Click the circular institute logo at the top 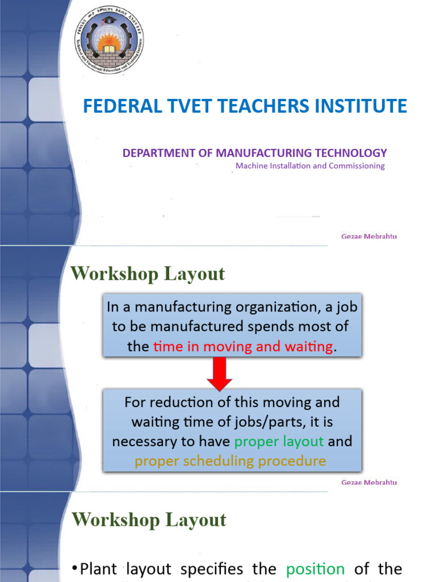coord(110,40)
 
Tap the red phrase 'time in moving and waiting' coord(243,347)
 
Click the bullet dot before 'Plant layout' coord(75,569)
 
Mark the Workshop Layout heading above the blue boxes coord(148,274)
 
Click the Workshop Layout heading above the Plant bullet coord(149,520)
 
